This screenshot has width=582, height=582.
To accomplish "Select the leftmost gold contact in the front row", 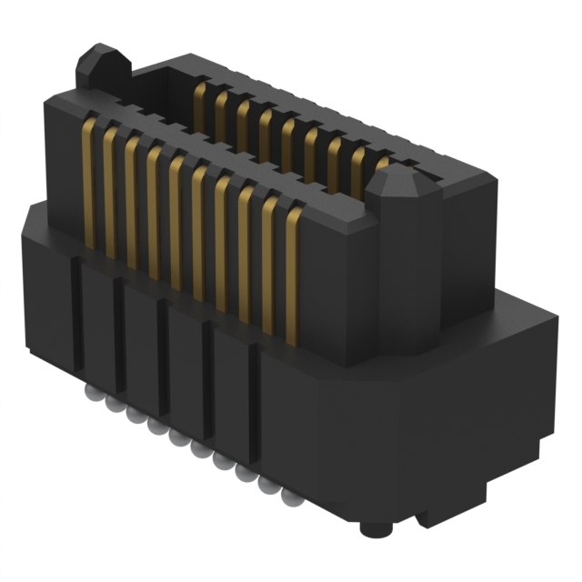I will click(x=89, y=182).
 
